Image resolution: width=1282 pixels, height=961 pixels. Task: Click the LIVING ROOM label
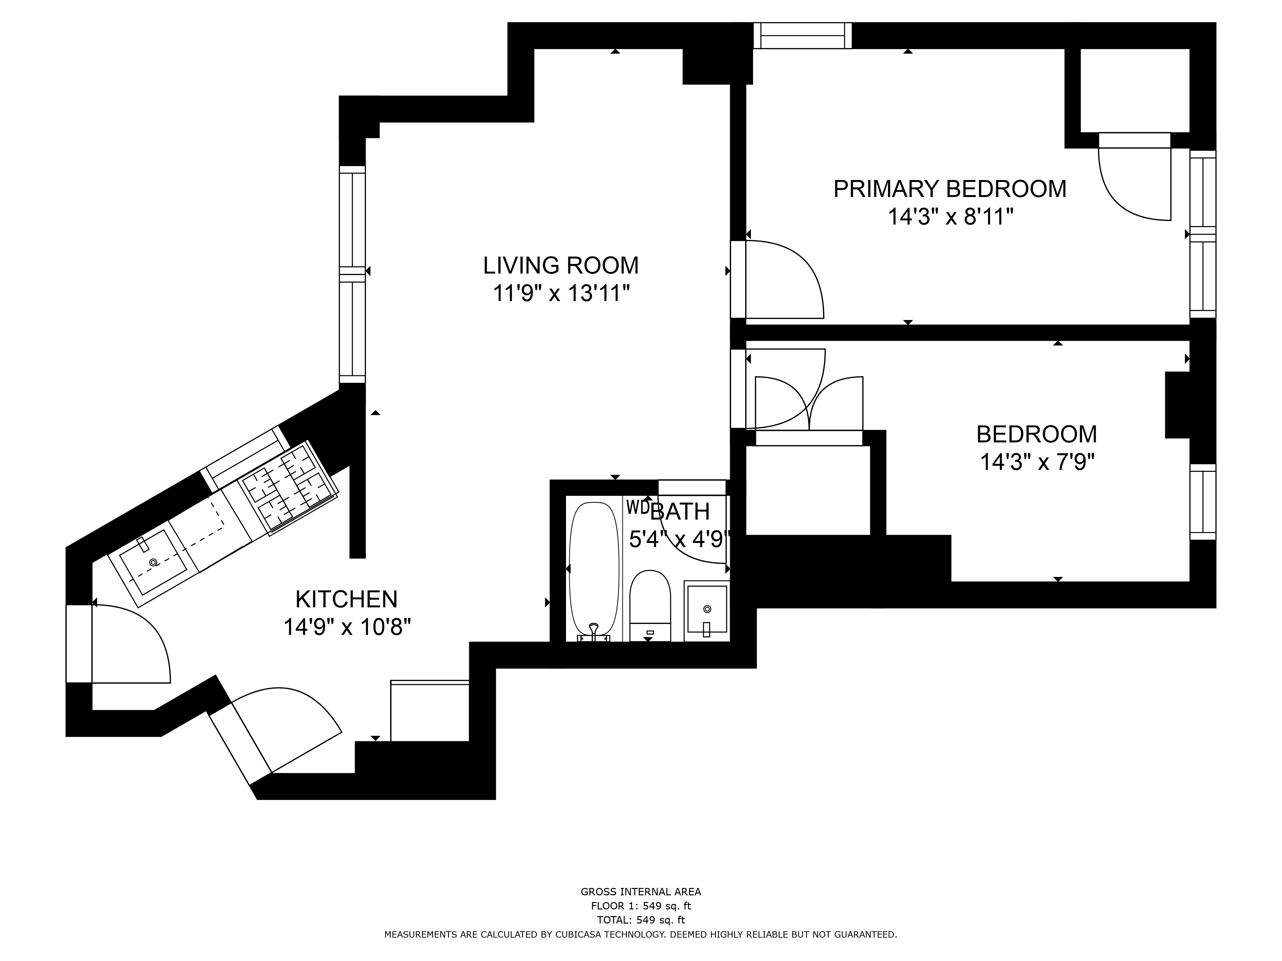pyautogui.click(x=561, y=265)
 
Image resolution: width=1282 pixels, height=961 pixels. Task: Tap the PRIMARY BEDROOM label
pyautogui.click(x=949, y=189)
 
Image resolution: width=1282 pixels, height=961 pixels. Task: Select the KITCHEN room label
pyautogui.click(x=346, y=599)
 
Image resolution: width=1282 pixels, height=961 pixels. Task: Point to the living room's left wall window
pyautogui.click(x=352, y=275)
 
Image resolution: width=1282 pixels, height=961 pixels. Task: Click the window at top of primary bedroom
pyautogui.click(x=803, y=35)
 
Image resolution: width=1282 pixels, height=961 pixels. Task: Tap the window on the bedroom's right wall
pyautogui.click(x=1203, y=502)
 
